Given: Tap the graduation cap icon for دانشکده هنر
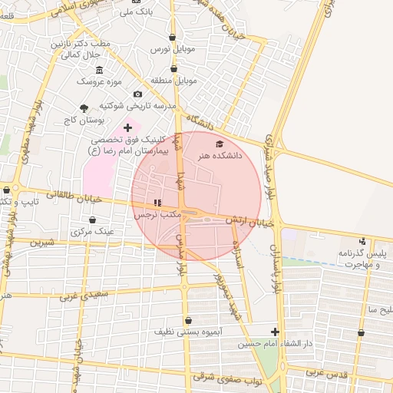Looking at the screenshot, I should [x=220, y=144].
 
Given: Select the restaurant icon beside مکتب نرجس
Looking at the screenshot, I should [x=157, y=203].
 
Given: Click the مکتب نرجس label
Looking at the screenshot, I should [x=157, y=215].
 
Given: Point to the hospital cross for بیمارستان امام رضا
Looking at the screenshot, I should [x=127, y=127].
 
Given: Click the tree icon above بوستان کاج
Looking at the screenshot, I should [x=84, y=107].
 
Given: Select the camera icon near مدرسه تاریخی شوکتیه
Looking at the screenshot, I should [x=138, y=94].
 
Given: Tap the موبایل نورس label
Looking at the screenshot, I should [x=169, y=48].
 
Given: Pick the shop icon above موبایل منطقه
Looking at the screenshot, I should [x=173, y=68].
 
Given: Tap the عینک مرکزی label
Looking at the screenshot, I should [x=92, y=230].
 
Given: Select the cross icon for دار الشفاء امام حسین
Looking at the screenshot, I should [x=276, y=332].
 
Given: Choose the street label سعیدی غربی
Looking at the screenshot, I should [x=88, y=293].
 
